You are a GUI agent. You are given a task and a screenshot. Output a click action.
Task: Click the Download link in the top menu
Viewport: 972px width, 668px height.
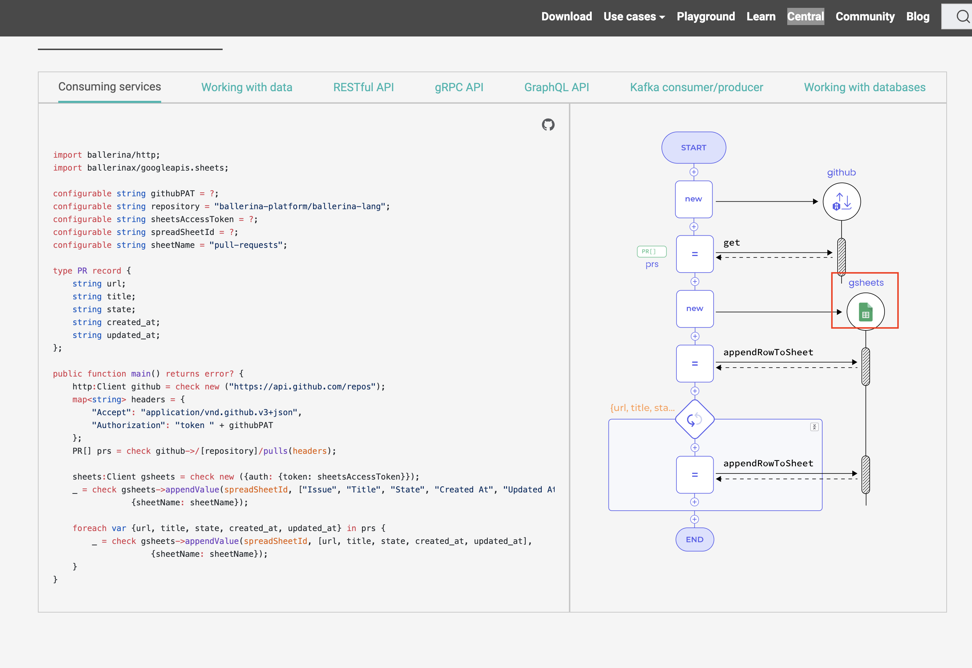(x=566, y=17)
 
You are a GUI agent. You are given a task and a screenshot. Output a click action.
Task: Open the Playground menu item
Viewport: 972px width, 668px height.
(x=705, y=17)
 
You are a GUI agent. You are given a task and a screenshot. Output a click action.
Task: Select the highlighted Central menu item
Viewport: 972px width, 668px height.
(x=805, y=17)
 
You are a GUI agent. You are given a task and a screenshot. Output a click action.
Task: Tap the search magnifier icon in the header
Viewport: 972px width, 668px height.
(x=962, y=17)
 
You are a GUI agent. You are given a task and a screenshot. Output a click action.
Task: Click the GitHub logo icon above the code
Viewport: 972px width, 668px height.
(x=548, y=125)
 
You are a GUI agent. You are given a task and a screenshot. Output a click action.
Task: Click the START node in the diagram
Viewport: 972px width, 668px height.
(x=694, y=148)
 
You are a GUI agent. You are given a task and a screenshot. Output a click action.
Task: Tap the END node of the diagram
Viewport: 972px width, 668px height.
(x=694, y=540)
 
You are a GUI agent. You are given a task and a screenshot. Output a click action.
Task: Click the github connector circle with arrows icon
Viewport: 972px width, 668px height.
(x=841, y=202)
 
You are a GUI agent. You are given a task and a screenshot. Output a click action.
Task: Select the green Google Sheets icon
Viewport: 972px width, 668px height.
(x=866, y=312)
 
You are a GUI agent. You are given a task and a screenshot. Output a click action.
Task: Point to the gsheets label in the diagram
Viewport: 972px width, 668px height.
(x=866, y=283)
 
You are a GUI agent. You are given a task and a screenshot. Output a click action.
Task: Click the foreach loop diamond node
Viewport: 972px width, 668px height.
(x=694, y=419)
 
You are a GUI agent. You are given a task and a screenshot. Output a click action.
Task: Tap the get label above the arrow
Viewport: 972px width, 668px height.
(x=732, y=243)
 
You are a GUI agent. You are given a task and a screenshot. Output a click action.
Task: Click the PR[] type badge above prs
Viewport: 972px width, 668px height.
(x=651, y=251)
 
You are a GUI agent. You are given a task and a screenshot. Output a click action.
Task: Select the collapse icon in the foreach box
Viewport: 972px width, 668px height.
(x=814, y=427)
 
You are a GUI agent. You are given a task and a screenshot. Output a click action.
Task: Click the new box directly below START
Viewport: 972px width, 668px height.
(x=694, y=199)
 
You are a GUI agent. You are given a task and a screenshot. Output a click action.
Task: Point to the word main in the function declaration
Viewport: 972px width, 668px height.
(x=140, y=374)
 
